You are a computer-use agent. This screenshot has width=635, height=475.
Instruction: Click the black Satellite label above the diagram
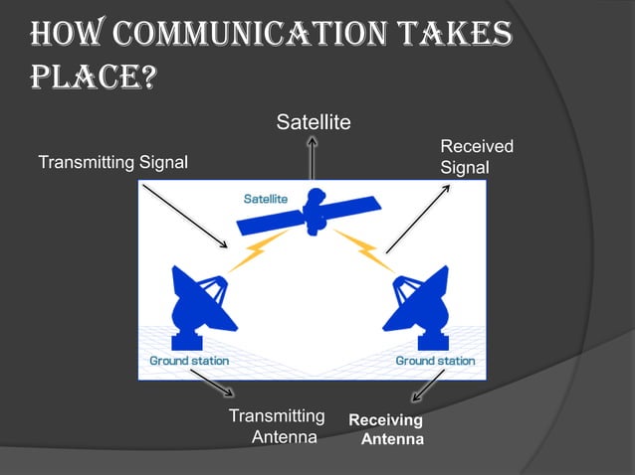pyautogui.click(x=314, y=122)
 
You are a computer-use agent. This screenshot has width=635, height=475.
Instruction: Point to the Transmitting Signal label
pyautogui.click(x=112, y=162)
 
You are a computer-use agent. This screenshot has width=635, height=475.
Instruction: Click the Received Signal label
pyautogui.click(x=477, y=157)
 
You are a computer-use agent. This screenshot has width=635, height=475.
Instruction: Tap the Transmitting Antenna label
pyautogui.click(x=278, y=425)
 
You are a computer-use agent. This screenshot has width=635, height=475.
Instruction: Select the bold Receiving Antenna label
pyautogui.click(x=387, y=429)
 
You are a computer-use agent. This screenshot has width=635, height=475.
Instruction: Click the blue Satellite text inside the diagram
pyautogui.click(x=266, y=199)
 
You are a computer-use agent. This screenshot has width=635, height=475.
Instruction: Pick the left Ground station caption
pyautogui.click(x=188, y=361)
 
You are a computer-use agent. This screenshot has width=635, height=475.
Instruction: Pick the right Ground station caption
pyautogui.click(x=435, y=361)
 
